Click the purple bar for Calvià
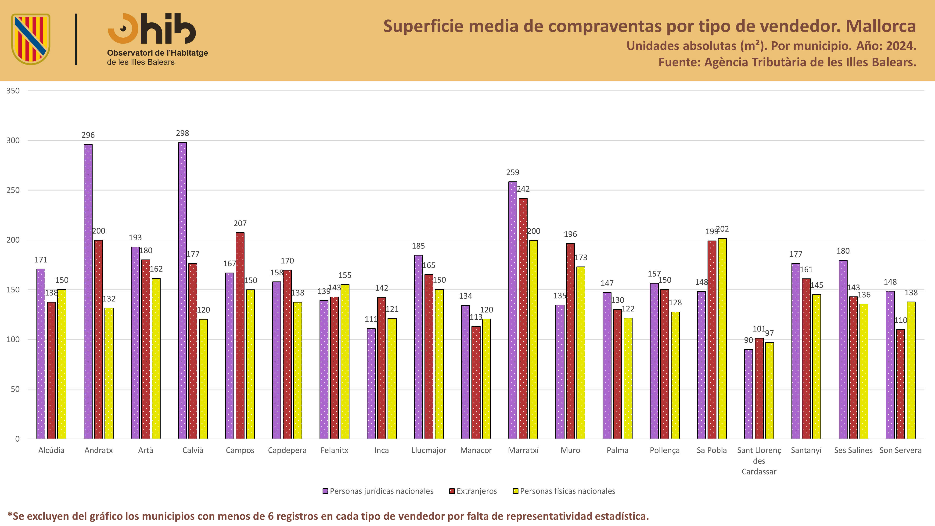[182, 290]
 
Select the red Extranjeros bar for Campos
[240, 335]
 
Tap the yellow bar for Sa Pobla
[722, 338]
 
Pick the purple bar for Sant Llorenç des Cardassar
[748, 394]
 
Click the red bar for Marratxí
[523, 318]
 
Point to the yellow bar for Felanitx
[345, 362]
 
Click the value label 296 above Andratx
[88, 135]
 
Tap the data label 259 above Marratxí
[513, 173]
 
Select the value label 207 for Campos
[240, 223]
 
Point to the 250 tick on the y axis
[13, 190]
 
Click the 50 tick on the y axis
[15, 389]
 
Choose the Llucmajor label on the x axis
[429, 450]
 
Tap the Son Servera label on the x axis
[900, 450]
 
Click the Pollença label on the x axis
[665, 450]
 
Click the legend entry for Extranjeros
[473, 491]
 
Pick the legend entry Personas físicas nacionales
[564, 491]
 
